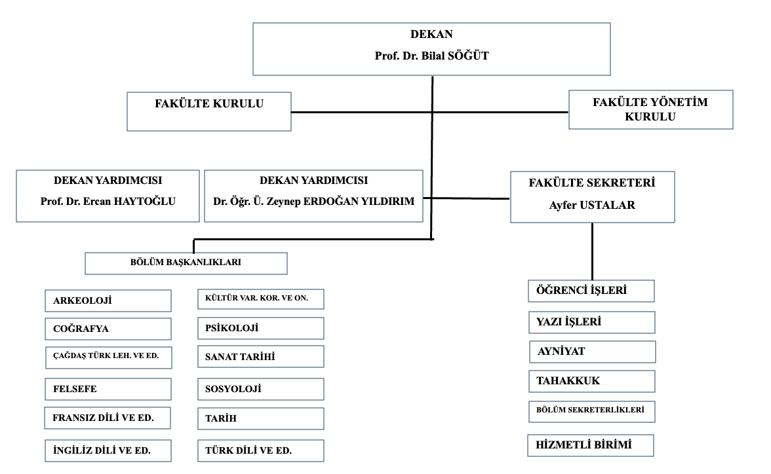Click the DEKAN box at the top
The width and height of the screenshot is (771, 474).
pos(431,49)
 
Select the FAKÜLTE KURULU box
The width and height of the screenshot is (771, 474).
pos(209,111)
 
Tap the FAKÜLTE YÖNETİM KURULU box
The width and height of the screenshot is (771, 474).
pos(650,109)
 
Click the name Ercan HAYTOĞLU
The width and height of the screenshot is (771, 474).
pos(129,202)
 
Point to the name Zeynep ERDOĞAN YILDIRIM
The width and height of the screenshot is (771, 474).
pos(340,202)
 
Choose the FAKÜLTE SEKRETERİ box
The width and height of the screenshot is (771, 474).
pos(592,197)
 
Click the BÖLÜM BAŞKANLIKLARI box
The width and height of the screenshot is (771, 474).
pos(186,263)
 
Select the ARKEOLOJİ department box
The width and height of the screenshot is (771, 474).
pos(108,301)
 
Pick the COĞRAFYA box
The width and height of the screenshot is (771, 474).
pos(108,329)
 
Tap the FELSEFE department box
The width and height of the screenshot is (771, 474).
pos(108,389)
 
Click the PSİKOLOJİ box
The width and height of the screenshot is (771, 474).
pos(261,328)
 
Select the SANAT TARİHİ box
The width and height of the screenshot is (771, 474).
pos(261,357)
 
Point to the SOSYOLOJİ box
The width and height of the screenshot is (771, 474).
pos(261,389)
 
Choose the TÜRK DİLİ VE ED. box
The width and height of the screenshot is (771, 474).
pos(261,450)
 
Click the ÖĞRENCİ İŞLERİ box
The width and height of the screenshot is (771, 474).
pos(591,291)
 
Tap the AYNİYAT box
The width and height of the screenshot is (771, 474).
pos(592,352)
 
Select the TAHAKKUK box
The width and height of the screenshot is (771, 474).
pos(591,381)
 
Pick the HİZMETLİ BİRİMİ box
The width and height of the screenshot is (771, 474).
pos(591,445)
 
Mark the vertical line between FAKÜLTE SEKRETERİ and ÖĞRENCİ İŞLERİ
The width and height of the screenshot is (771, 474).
pos(592,251)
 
